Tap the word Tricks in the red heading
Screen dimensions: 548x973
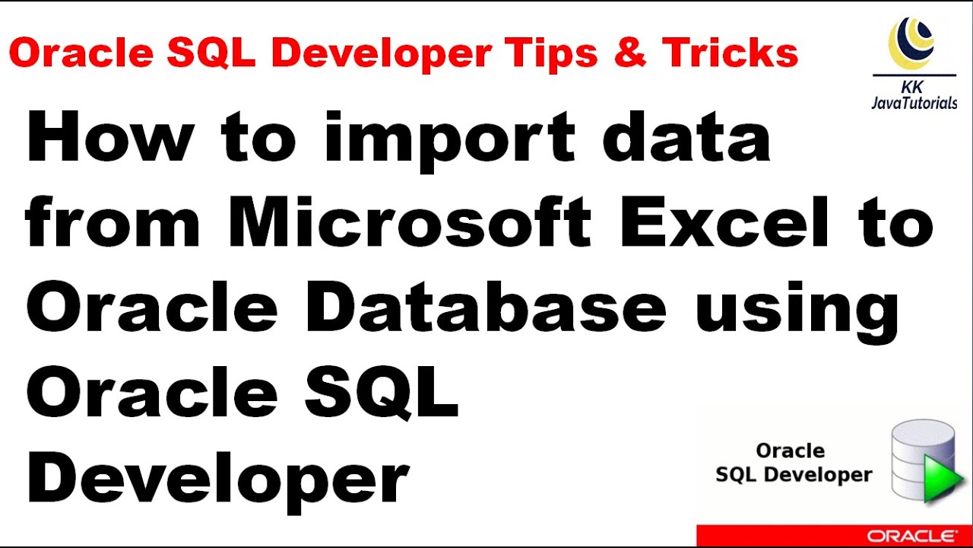[730, 53]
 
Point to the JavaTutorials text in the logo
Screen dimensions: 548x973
[914, 103]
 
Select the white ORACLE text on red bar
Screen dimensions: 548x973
[912, 536]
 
